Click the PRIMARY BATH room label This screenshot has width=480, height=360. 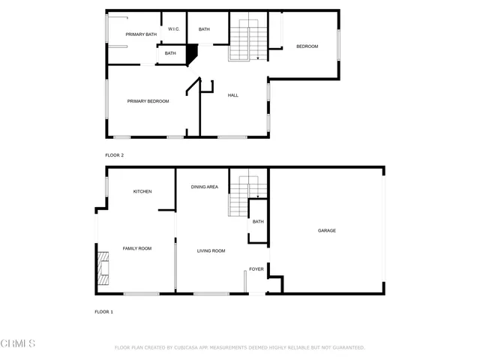click(141, 34)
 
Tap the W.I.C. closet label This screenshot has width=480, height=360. click(172, 29)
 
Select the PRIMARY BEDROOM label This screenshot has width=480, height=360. click(148, 101)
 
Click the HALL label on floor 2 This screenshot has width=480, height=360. click(232, 95)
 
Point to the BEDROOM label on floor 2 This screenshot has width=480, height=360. click(307, 46)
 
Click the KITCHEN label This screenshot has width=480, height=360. click(142, 191)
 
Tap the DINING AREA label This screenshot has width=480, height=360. click(204, 187)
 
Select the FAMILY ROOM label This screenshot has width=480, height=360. click(137, 248)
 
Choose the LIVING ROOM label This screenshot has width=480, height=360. click(211, 250)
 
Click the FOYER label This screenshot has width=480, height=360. click(256, 268)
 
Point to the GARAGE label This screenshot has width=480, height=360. click(326, 230)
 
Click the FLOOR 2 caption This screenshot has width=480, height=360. click(114, 155)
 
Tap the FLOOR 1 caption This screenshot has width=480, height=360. click(103, 311)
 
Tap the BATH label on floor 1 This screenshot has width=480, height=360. click(258, 221)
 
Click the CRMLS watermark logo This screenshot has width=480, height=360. click(18, 343)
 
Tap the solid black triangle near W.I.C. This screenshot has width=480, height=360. click(191, 54)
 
